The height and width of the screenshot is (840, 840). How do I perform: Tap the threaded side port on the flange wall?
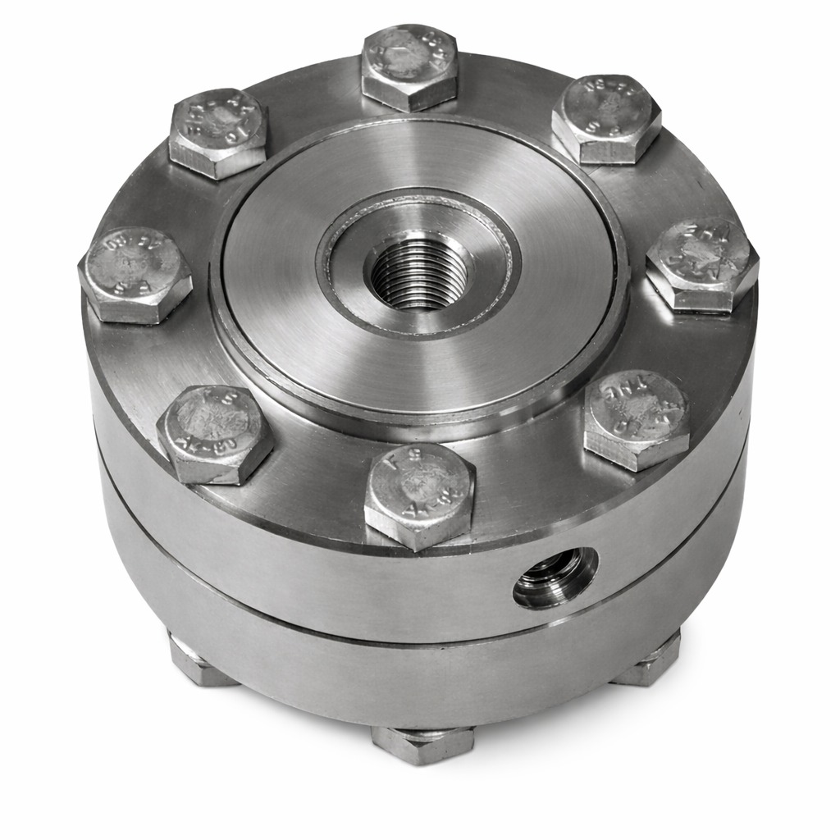[x=555, y=577]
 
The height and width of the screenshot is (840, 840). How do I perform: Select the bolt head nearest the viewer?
[x=419, y=494]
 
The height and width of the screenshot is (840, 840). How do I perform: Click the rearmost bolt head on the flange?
[x=409, y=66]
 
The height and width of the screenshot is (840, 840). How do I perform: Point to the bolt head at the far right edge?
[x=702, y=263]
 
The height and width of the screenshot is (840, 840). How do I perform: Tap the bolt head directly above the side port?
[x=637, y=418]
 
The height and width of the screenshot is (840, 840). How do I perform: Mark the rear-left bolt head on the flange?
[x=218, y=131]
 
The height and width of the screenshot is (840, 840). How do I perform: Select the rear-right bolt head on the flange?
[x=606, y=118]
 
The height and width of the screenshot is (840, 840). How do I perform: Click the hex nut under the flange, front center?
[x=423, y=743]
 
